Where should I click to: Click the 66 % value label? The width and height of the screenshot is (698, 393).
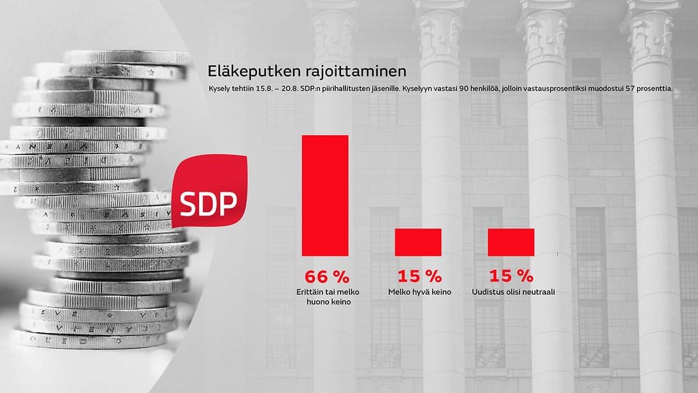327,276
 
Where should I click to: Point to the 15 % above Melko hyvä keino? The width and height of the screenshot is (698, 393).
419,276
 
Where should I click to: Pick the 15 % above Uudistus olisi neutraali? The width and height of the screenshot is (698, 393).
511,276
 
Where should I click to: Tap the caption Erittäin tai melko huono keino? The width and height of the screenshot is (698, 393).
327,297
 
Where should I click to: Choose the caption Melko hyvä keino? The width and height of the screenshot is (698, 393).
420,293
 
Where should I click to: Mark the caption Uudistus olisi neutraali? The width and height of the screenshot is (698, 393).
512,293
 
